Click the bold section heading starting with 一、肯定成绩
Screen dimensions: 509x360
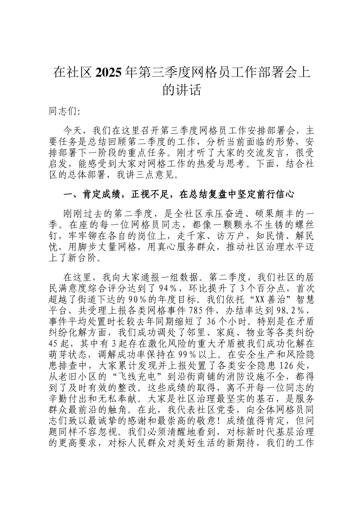[x=178, y=195]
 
